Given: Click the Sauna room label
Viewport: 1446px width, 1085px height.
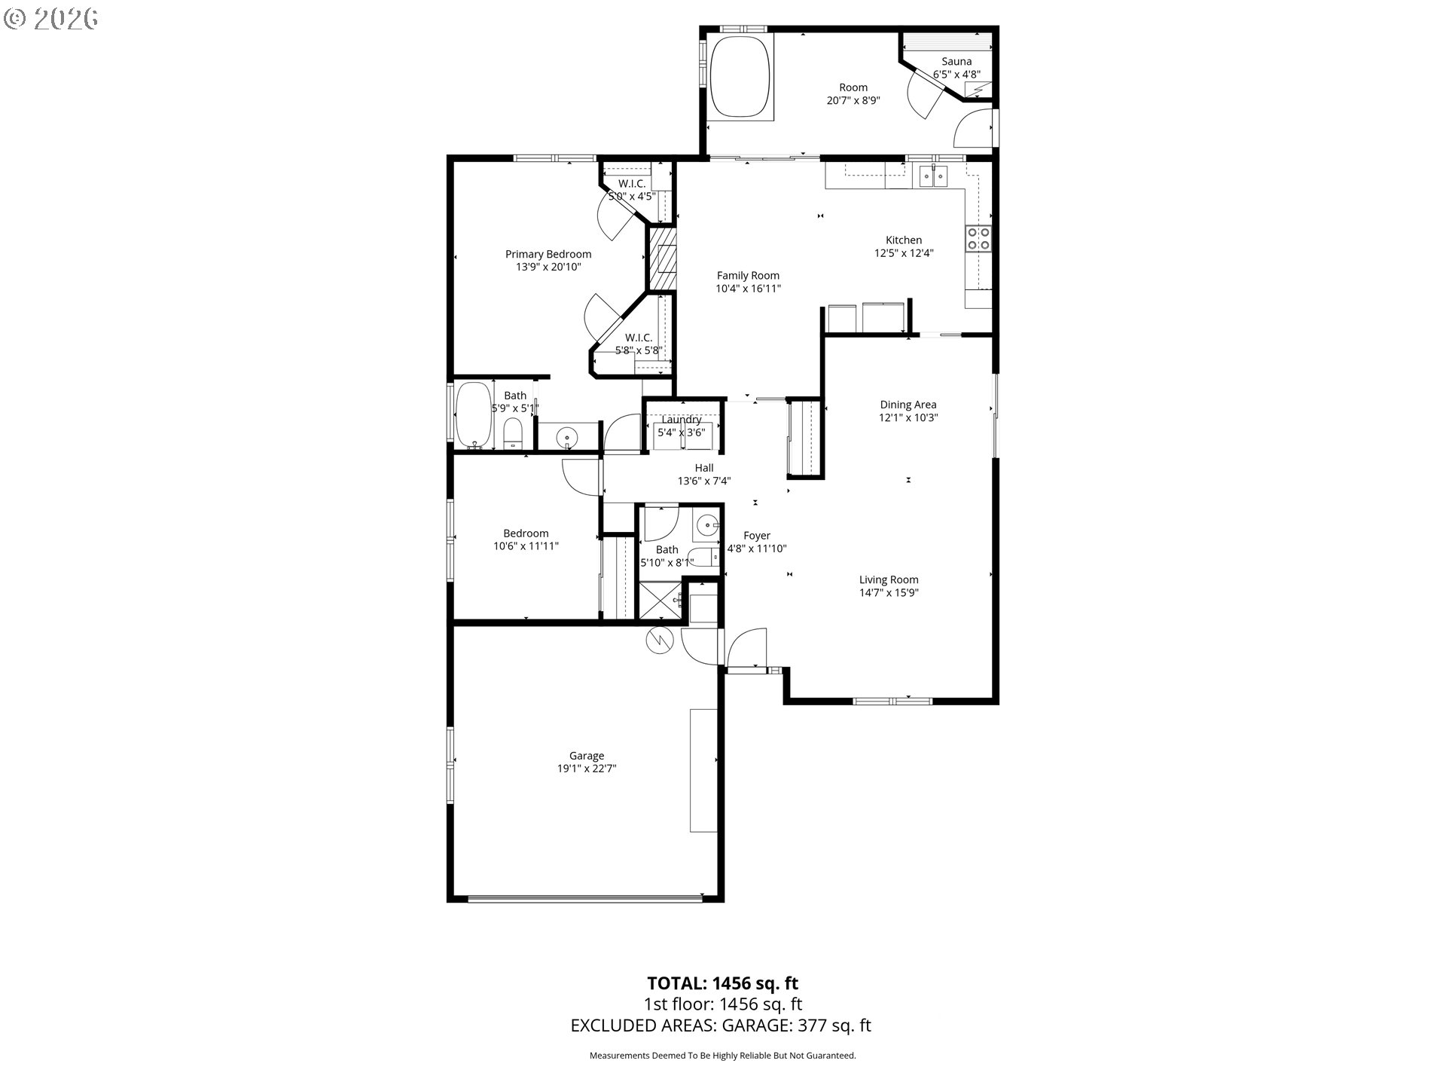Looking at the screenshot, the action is click(x=956, y=62).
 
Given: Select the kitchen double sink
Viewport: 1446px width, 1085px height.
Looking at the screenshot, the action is click(x=934, y=176).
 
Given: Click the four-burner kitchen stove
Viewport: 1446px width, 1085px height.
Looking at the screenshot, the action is click(x=979, y=238).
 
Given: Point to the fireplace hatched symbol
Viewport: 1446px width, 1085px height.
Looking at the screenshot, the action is click(x=662, y=258).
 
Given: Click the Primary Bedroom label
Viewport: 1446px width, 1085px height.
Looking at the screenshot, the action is click(x=548, y=255).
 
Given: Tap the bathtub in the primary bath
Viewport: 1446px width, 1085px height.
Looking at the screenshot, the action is click(x=473, y=415).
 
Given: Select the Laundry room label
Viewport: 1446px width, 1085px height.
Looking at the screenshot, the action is click(x=682, y=420).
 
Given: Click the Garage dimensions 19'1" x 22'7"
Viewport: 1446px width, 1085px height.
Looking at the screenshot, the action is click(x=587, y=769).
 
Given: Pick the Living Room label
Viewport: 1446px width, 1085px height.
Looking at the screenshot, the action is click(x=889, y=580).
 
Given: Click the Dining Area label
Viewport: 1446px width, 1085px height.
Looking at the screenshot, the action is click(x=908, y=405).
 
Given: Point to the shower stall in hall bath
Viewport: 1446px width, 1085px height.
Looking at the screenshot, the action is click(x=660, y=600).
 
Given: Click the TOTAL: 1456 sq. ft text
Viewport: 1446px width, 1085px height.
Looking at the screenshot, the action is click(x=723, y=983).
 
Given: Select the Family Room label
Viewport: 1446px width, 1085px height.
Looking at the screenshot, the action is click(x=748, y=276).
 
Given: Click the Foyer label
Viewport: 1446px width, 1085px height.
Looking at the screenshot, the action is click(x=757, y=536).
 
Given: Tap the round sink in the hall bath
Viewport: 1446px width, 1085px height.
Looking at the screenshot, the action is click(x=706, y=525).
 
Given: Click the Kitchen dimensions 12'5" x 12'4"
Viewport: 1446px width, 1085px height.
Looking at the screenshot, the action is click(x=904, y=253).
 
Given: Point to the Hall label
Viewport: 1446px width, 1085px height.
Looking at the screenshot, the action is click(x=704, y=468).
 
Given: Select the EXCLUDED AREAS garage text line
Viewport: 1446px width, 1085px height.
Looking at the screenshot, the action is click(x=721, y=1025).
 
